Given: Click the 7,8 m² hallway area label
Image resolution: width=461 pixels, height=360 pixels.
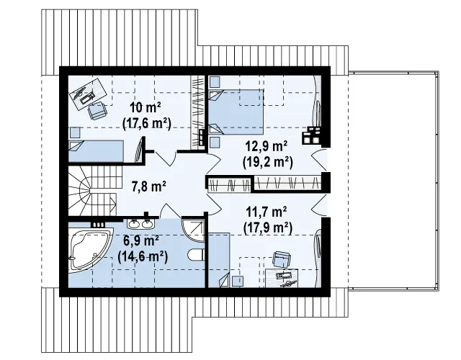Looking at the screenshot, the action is click(148, 186).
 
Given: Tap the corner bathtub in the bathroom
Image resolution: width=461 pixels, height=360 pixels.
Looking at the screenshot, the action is click(89, 250).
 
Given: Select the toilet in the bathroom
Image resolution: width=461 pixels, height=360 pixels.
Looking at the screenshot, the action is click(197, 255).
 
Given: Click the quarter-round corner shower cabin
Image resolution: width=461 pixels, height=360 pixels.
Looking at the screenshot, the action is click(193, 230).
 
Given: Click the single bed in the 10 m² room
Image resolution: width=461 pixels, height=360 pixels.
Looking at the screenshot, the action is click(96, 151).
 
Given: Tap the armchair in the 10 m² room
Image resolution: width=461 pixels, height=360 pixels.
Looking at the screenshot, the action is click(98, 111).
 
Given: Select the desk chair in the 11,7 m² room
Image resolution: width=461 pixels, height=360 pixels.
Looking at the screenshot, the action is click(282, 259).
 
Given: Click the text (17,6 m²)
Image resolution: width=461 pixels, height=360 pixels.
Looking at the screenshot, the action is click(147, 123).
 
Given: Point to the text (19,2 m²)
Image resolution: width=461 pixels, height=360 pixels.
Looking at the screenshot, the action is click(268, 161).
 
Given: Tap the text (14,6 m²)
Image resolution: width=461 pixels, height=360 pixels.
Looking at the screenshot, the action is click(143, 257).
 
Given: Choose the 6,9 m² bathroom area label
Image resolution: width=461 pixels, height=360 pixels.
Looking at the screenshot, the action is click(141, 242).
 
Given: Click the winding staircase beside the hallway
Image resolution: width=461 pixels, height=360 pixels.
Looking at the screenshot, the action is click(93, 190).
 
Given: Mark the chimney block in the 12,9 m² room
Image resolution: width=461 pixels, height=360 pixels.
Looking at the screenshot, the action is click(312, 135).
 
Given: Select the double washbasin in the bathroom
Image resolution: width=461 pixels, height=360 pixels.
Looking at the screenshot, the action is click(140, 224).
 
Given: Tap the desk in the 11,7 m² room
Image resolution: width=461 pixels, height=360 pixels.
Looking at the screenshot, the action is click(282, 278).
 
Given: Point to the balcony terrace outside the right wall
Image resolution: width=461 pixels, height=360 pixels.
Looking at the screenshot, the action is click(393, 180).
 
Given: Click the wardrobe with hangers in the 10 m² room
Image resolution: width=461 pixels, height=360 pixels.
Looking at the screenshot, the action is click(197, 112).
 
